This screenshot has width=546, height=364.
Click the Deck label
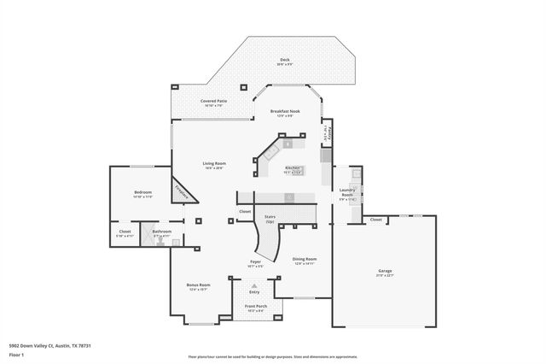284,60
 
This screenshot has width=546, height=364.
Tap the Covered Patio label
213,101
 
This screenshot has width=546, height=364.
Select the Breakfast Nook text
284,112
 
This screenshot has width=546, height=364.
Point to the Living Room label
213,163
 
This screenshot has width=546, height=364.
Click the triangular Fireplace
182,192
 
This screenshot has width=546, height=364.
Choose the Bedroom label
142,193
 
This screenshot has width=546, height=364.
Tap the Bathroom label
162,232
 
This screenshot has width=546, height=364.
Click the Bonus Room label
199,286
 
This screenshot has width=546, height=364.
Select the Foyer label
254,262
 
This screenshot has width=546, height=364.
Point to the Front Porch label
256,306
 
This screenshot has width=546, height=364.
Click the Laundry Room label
346,192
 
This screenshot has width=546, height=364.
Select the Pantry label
328,132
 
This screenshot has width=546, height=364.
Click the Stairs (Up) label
270,219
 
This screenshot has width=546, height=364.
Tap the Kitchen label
292,168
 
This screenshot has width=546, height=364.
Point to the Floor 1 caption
16,354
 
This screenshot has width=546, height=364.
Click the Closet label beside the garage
375,220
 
